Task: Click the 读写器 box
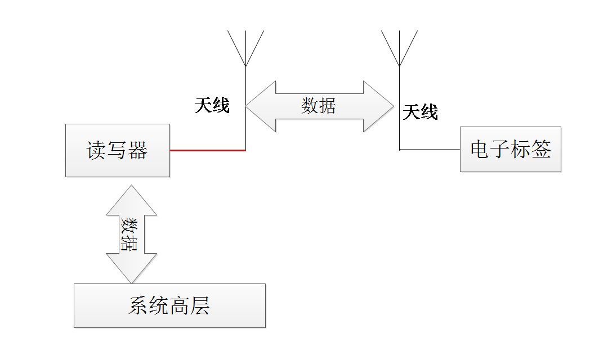click(117, 150)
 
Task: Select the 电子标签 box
click(511, 150)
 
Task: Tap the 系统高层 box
click(169, 305)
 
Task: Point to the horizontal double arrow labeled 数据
click(319, 106)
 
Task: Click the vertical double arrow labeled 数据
click(131, 234)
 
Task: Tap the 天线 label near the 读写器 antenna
click(212, 105)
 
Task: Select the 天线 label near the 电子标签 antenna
click(421, 112)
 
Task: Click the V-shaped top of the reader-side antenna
click(246, 48)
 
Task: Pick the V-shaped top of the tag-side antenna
click(399, 48)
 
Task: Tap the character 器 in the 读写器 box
click(137, 151)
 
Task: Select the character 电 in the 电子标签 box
click(480, 150)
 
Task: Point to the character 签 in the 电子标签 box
click(542, 150)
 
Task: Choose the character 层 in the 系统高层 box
click(200, 306)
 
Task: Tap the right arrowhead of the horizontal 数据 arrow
click(380, 106)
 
